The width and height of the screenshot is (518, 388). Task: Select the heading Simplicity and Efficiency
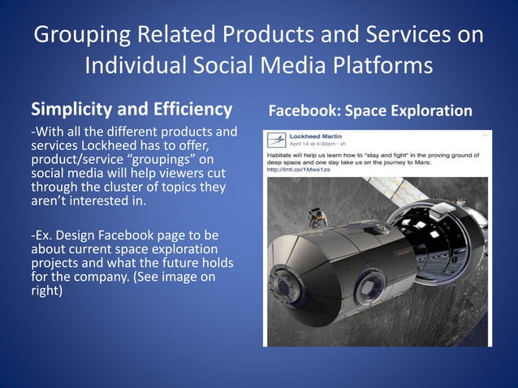pyautogui.click(x=132, y=109)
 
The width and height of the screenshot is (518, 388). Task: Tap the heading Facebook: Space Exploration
pyautogui.click(x=369, y=110)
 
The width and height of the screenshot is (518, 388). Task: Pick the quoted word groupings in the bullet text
pyautogui.click(x=169, y=159)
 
